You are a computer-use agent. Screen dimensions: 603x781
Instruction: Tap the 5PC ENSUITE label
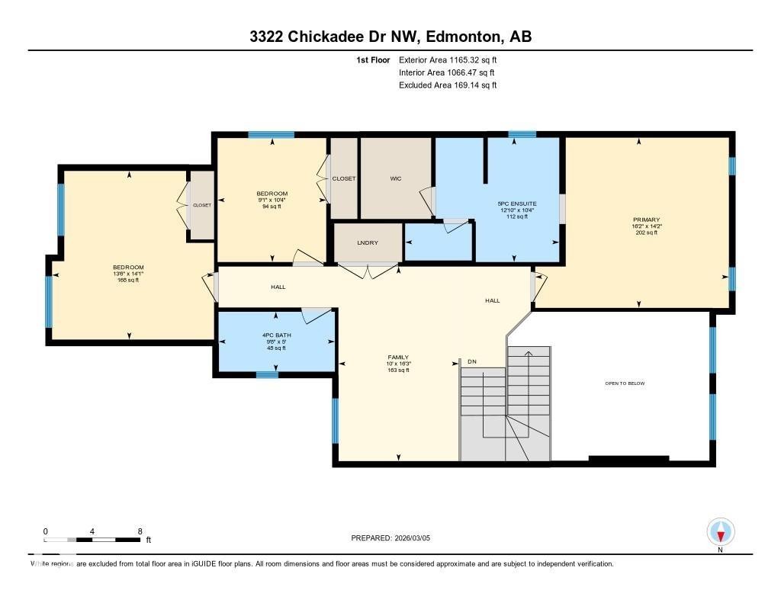click(x=517, y=204)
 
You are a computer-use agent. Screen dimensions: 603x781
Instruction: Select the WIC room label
click(x=395, y=178)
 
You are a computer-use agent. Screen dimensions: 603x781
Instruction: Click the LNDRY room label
click(x=368, y=242)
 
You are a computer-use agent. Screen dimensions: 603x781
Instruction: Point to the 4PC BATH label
click(x=276, y=335)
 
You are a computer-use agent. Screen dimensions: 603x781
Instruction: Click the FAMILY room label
click(x=398, y=357)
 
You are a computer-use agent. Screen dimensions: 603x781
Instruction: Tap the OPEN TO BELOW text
click(x=625, y=383)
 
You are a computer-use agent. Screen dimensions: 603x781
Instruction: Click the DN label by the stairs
click(x=472, y=361)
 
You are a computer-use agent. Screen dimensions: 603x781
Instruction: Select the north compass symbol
click(x=720, y=531)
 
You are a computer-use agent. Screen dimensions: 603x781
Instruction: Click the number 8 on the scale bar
click(x=140, y=531)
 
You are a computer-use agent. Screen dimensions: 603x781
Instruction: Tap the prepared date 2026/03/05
click(x=418, y=538)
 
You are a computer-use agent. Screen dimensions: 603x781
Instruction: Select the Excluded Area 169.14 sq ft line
click(x=448, y=85)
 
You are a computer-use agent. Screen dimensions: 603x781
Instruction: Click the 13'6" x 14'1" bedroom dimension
click(x=128, y=274)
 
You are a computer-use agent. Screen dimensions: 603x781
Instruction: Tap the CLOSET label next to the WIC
click(x=344, y=178)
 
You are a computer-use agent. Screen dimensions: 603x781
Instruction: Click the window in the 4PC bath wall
click(x=266, y=374)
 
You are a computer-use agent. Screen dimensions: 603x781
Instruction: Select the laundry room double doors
click(x=368, y=270)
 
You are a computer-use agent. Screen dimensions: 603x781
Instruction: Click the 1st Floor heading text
click(x=373, y=59)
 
